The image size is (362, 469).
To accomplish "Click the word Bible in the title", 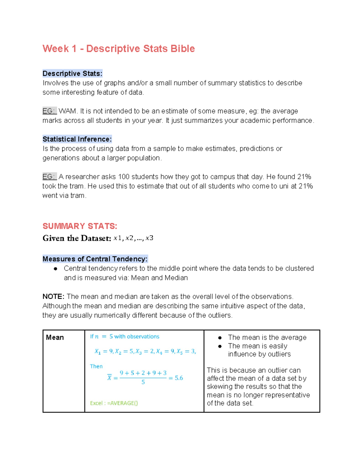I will tap(183, 49).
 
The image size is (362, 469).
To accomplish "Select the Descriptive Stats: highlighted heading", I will tap(72, 73).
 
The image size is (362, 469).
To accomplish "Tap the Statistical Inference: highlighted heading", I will tap(77, 139).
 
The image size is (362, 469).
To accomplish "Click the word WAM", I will tap(67, 111).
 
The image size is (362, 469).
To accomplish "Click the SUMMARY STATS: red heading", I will tap(80, 226).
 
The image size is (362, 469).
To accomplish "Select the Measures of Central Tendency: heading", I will tap(95, 259).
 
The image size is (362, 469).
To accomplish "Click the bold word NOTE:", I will tap(53, 297).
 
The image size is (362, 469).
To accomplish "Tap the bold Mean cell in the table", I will tap(55, 337).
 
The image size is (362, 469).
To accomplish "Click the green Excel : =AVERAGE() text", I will tap(114, 403).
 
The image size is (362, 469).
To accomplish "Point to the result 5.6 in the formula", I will tap(179, 378).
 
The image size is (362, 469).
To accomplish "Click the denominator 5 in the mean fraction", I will tap(143, 382).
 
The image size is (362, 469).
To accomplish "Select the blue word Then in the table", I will tap(96, 366).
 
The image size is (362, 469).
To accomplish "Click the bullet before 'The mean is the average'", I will tap(220, 338).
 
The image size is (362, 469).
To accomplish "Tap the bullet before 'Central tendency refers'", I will tap(56, 268).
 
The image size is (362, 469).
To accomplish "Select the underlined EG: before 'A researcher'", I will tap(49, 177).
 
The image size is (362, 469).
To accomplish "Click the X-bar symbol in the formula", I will tap(110, 377).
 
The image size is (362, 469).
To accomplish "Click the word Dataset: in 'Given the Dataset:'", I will tap(96, 238).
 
